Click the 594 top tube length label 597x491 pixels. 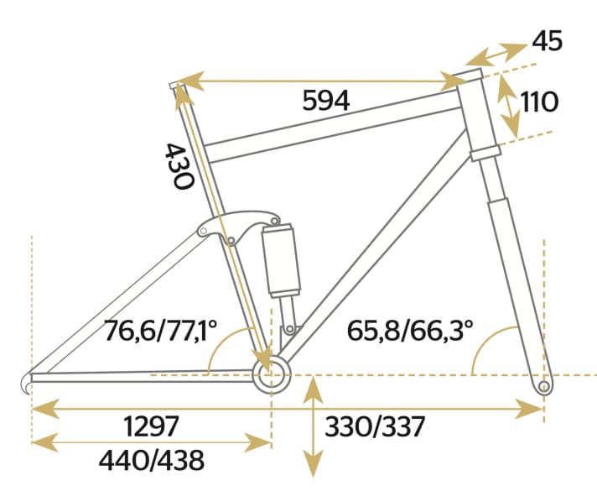pyautogui.click(x=325, y=101)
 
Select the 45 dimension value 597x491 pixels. pyautogui.click(x=547, y=40)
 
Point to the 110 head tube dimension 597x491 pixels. pyautogui.click(x=539, y=102)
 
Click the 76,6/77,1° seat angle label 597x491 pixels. pyautogui.click(x=161, y=331)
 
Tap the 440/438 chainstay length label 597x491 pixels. pyautogui.click(x=152, y=460)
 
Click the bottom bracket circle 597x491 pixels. pyautogui.click(x=271, y=374)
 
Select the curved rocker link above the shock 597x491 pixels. pyautogui.click(x=239, y=222)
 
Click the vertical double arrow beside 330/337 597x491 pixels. pyautogui.click(x=313, y=428)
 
